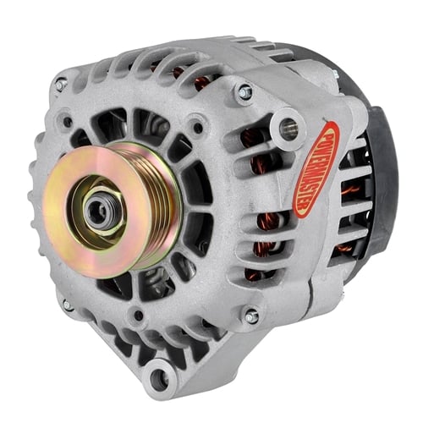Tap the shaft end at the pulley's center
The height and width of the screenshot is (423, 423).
click(x=96, y=210)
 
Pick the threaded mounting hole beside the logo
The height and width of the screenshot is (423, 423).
click(x=288, y=129)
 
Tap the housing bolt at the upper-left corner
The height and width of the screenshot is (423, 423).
click(x=60, y=84)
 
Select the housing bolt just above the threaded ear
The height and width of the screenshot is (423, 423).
click(x=243, y=91)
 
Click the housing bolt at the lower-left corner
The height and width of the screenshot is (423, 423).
click(x=67, y=305)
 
